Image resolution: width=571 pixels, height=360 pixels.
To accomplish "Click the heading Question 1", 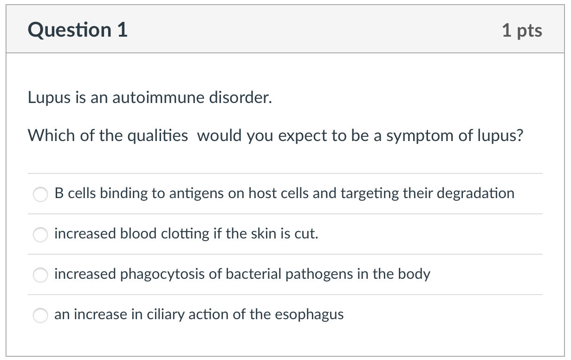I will point(78,31).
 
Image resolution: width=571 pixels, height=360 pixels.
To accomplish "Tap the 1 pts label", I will point(522,31).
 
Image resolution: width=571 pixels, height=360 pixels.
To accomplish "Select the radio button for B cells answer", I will point(40,194).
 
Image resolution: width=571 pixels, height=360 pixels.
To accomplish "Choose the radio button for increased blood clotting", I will point(40,234).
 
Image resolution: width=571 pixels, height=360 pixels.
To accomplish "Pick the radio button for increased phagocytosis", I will point(40,275).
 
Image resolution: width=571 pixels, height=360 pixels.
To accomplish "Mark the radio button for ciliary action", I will point(40,315).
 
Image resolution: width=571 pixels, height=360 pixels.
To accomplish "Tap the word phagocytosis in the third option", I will point(162,274).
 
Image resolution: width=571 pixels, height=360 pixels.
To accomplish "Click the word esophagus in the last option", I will point(309,315).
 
